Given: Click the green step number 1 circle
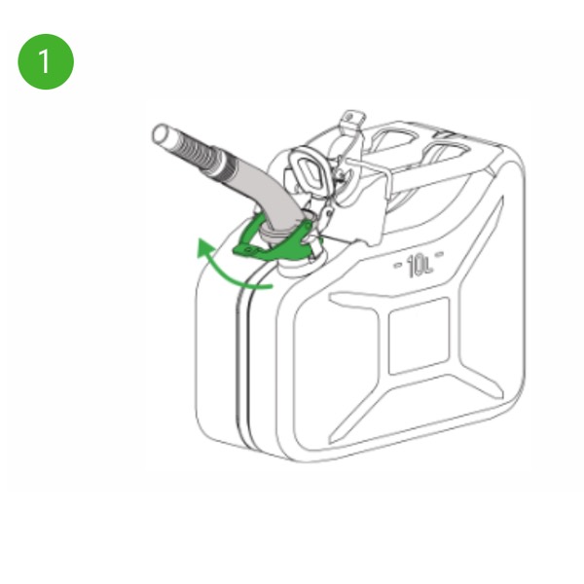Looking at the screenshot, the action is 46,61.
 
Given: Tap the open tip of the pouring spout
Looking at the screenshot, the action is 161,133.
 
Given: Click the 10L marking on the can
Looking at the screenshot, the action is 420,266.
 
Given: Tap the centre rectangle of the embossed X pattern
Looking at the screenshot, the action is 419,336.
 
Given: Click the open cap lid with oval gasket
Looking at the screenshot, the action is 310,169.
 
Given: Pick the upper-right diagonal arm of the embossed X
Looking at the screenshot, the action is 481,242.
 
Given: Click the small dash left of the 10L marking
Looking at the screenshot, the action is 398,265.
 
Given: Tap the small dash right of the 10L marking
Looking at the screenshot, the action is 439,255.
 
